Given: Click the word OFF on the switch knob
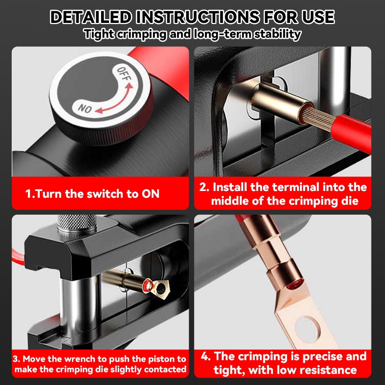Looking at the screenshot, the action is pos(124,74).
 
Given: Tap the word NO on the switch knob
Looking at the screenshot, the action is pos(85,108).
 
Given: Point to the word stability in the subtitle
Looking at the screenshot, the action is pos(277,34).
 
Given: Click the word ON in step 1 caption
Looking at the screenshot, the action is pos(150,194).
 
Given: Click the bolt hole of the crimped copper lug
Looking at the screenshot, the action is pos(308,329).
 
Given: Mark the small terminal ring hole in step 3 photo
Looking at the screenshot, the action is pos(160,287).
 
